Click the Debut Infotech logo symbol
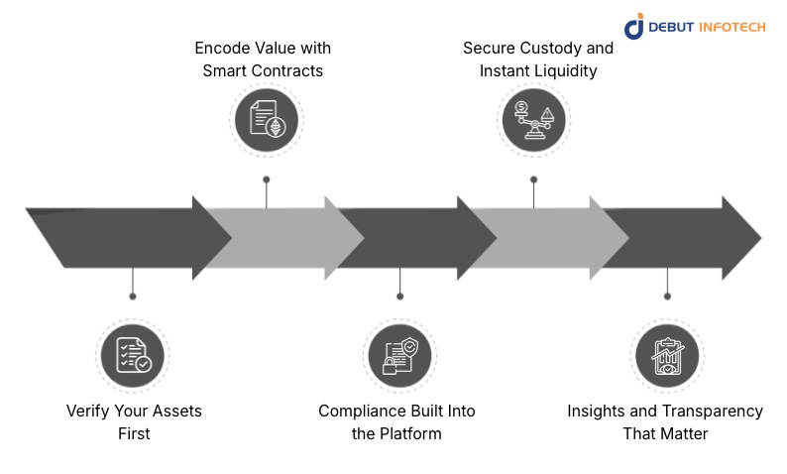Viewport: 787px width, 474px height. (634, 27)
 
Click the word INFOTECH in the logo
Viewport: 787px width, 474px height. (731, 28)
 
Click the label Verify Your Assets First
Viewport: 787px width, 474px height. (134, 421)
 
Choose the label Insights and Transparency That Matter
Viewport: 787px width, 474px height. (665, 421)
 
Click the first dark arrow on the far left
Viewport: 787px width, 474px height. (119, 238)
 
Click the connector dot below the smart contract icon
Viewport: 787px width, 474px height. (266, 179)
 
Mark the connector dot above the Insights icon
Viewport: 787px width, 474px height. (667, 296)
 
